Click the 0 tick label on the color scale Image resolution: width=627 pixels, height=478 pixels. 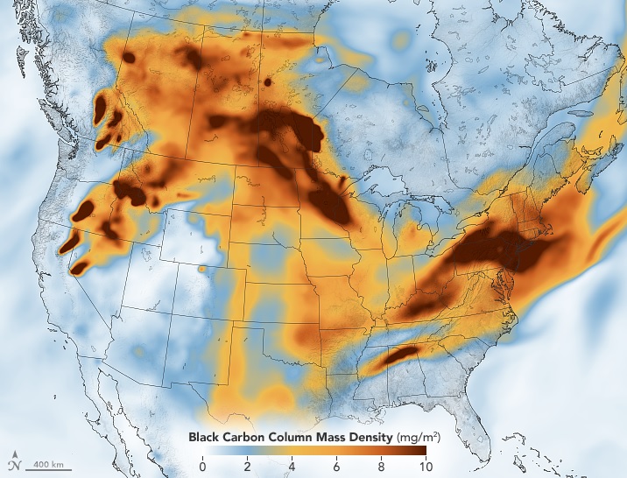(x=203, y=466)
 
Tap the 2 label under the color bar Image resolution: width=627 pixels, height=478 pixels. (x=248, y=466)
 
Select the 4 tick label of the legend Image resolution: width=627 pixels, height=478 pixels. (x=292, y=466)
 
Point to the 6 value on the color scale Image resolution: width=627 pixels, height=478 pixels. (x=337, y=466)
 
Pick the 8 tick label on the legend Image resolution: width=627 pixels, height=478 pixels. (x=381, y=466)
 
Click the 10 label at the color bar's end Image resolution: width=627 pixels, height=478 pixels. (x=425, y=466)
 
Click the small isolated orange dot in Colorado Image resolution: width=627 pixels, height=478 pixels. (x=203, y=269)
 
